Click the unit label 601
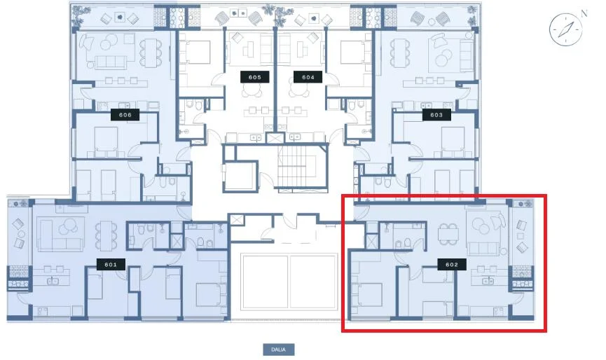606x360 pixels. click(x=111, y=265)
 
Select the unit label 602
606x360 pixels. click(x=452, y=265)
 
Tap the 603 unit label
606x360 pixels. click(x=436, y=115)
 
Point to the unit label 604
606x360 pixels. click(x=308, y=77)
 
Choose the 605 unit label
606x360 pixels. click(x=255, y=77)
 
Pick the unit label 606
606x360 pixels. click(x=125, y=115)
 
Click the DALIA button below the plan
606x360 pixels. click(x=279, y=349)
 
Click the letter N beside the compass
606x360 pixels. click(x=584, y=14)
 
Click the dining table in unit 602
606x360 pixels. click(x=448, y=234)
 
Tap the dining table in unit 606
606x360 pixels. click(x=151, y=53)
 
